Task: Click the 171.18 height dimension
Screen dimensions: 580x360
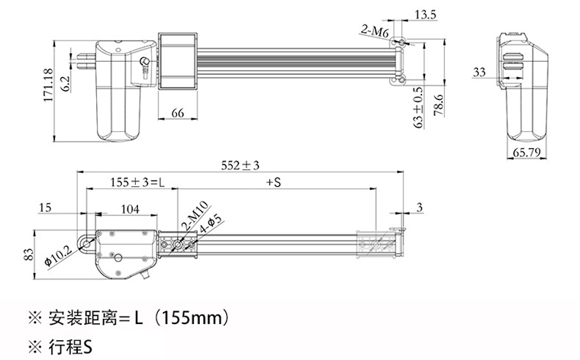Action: click(x=48, y=85)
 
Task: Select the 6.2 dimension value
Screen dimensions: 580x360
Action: click(x=65, y=84)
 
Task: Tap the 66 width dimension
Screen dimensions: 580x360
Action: click(x=178, y=113)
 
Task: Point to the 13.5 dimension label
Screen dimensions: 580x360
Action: click(x=425, y=14)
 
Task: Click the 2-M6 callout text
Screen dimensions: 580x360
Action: click(x=375, y=31)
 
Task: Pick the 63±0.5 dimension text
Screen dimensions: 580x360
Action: click(x=418, y=108)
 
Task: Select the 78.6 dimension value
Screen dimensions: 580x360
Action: click(x=439, y=105)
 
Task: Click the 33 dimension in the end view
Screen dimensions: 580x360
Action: click(x=479, y=72)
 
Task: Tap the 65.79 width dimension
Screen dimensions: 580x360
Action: click(x=527, y=153)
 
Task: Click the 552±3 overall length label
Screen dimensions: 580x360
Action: click(x=240, y=166)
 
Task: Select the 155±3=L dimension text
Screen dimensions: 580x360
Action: click(x=137, y=182)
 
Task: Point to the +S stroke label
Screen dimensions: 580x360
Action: click(x=274, y=182)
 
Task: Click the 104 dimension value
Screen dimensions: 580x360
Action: click(x=130, y=209)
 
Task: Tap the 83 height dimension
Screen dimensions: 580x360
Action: click(x=29, y=254)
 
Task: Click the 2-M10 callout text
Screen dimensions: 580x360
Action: click(x=195, y=217)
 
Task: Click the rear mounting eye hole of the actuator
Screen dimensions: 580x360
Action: click(x=86, y=244)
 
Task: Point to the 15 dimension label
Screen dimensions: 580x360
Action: click(x=45, y=207)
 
